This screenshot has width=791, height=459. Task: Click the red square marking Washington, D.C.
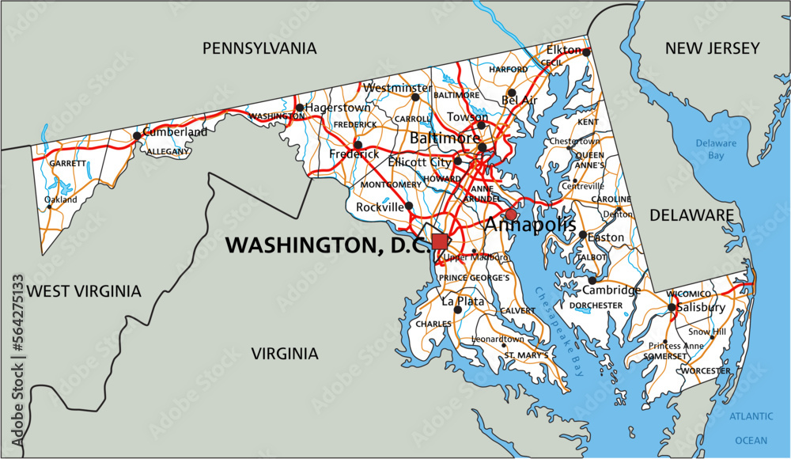tap(440, 241)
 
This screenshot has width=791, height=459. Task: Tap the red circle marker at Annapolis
tap(511, 214)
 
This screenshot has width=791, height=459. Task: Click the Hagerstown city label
tap(338, 108)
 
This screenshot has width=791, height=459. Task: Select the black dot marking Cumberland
tap(137, 135)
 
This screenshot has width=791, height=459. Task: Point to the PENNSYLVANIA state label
tap(259, 49)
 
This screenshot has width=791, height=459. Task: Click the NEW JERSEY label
tap(712, 49)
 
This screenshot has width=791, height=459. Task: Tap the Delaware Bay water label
tap(716, 150)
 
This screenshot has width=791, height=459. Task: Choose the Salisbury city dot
tap(672, 307)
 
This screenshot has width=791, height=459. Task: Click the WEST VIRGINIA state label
tap(84, 291)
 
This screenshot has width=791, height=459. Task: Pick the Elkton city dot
tap(587, 51)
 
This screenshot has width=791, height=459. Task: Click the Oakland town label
tap(61, 200)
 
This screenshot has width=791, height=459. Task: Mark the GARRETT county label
tap(67, 164)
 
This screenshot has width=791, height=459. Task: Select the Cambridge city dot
tap(592, 280)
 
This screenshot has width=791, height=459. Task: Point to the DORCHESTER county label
tap(596, 305)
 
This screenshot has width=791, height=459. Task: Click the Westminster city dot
tap(415, 97)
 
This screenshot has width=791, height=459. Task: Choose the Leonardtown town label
tap(498, 339)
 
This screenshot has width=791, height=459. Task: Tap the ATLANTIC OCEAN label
tap(751, 428)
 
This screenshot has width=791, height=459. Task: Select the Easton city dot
tap(583, 235)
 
